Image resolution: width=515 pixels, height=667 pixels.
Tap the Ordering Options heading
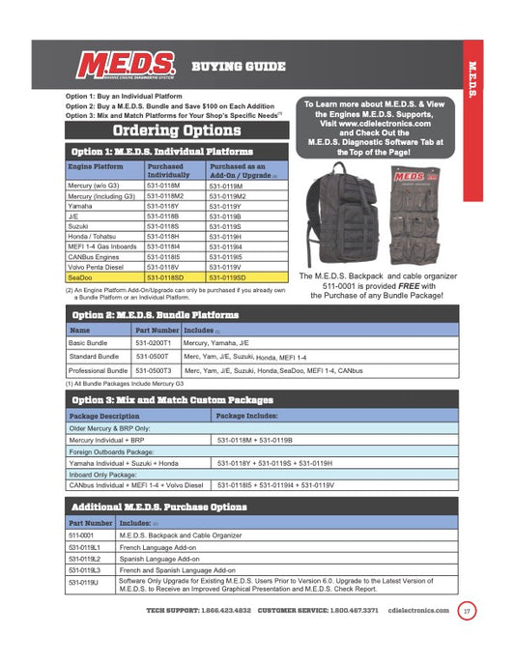coord(176,130)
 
